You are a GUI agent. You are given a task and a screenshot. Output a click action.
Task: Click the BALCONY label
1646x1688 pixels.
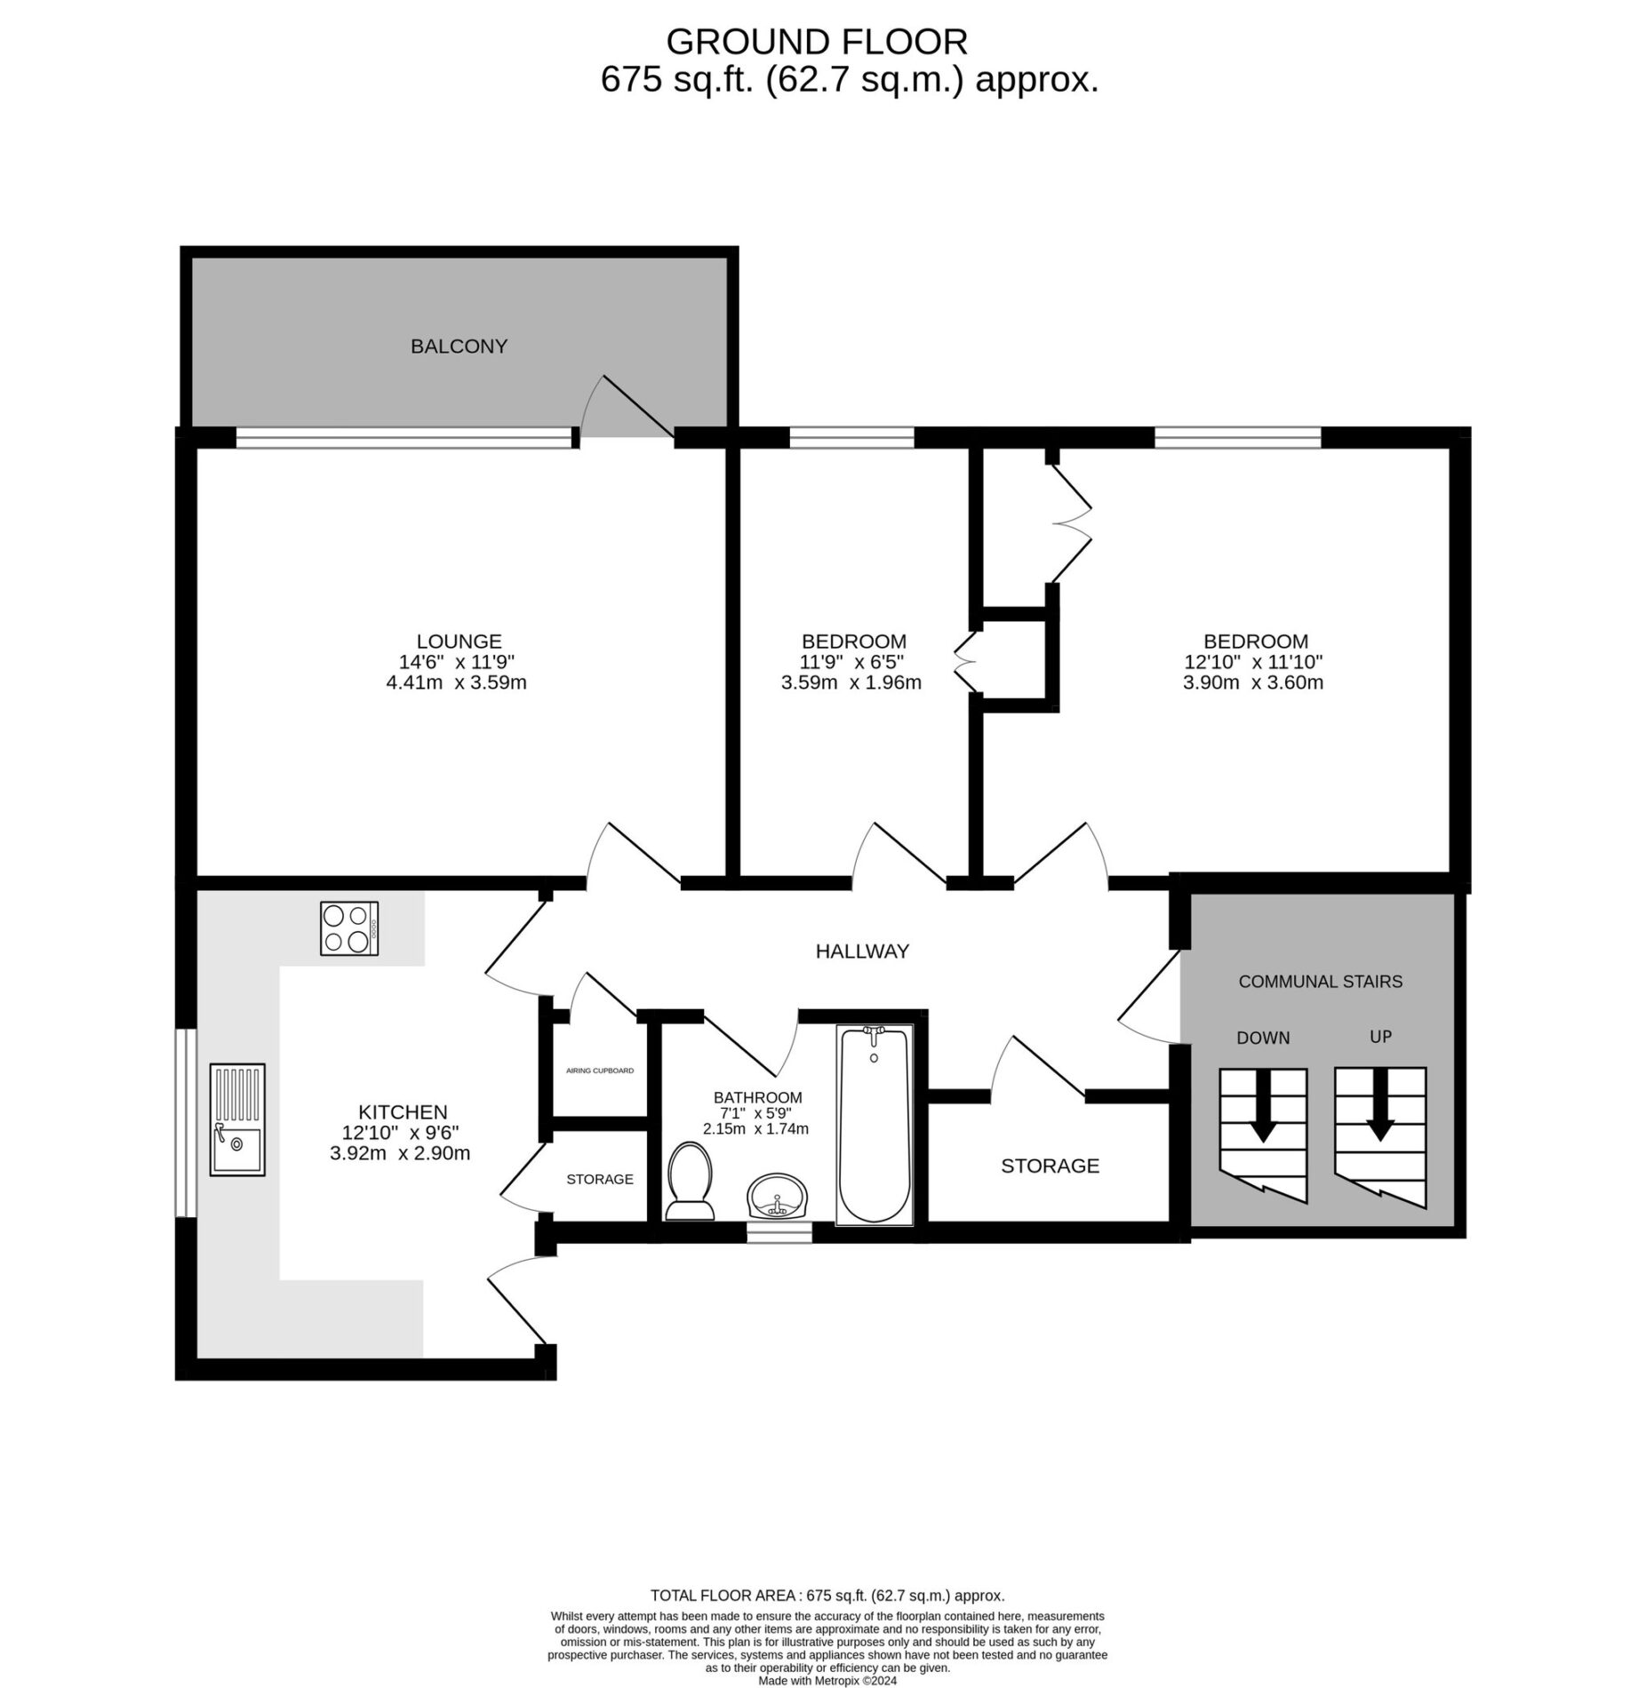(459, 346)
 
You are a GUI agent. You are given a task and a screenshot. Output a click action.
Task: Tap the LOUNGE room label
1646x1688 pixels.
(459, 641)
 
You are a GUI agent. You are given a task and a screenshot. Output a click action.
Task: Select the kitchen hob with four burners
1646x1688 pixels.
(348, 928)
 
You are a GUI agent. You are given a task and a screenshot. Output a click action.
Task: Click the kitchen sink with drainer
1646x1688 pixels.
(237, 1119)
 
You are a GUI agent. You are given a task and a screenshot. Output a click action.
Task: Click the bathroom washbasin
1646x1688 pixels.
(777, 1196)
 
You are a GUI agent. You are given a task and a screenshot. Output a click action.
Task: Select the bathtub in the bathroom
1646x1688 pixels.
(874, 1124)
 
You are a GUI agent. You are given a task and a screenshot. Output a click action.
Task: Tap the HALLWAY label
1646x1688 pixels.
(862, 951)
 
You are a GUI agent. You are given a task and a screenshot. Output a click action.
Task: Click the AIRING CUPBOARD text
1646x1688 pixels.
(600, 1071)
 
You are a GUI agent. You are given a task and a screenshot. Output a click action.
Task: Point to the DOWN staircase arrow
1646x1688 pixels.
(1263, 1106)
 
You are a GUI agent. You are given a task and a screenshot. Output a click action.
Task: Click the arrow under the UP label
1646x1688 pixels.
(1379, 1104)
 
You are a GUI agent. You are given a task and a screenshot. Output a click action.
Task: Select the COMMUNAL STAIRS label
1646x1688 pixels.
(1320, 982)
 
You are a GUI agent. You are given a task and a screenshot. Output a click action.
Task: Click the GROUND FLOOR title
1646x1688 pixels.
(817, 42)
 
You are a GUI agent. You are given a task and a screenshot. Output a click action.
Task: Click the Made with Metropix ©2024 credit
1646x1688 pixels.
(827, 1681)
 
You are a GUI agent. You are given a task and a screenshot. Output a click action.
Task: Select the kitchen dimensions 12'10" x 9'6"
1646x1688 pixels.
(402, 1133)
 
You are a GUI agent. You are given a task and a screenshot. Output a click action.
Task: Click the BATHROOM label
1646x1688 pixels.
(757, 1098)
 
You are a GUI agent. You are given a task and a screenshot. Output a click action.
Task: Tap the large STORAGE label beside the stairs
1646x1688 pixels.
(1050, 1166)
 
